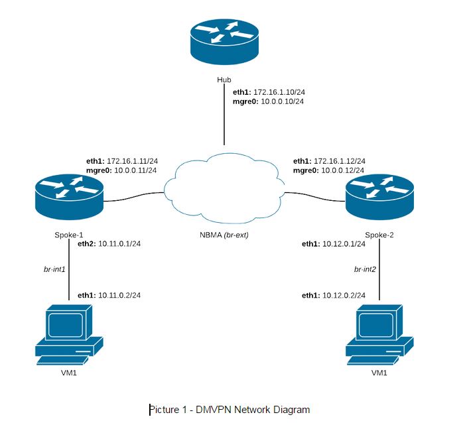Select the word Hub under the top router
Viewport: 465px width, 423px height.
tap(224, 80)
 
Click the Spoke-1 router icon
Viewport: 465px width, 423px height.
tap(69, 196)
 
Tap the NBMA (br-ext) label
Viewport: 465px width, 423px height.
tap(224, 235)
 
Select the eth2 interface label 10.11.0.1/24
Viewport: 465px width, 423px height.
tap(120, 244)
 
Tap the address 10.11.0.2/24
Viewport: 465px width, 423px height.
tap(120, 295)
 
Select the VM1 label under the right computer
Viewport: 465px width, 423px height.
tap(379, 373)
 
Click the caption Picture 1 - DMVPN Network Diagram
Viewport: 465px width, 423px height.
tap(230, 409)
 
